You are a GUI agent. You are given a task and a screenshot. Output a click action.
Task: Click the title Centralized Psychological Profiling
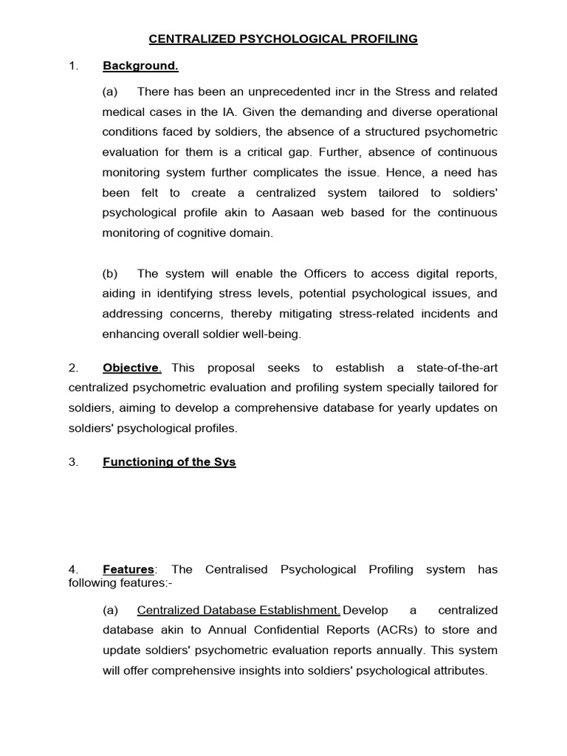click(283, 38)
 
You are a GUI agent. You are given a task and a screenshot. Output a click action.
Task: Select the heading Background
click(140, 66)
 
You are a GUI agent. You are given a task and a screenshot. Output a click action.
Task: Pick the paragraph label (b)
click(110, 273)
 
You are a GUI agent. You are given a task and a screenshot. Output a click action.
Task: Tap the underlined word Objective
click(131, 368)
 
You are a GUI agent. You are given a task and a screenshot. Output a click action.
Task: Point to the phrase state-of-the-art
click(458, 368)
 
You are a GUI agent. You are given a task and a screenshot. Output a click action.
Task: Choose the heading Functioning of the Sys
click(169, 462)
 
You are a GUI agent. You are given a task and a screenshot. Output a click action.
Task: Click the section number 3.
click(73, 462)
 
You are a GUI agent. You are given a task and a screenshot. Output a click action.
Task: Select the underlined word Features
click(128, 569)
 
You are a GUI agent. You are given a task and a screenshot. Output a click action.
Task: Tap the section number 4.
click(73, 569)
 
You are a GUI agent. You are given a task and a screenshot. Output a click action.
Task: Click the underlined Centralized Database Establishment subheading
click(238, 610)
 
